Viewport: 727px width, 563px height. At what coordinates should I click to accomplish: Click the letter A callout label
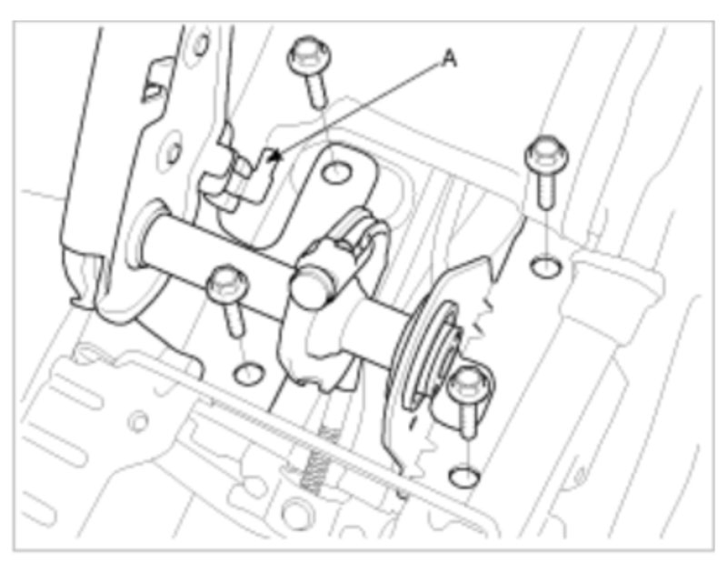[449, 58]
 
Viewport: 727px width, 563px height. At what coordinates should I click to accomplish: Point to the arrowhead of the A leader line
[275, 156]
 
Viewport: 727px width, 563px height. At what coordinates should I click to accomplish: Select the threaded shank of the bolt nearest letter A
[318, 91]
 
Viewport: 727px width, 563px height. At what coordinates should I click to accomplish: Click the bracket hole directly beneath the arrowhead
[336, 174]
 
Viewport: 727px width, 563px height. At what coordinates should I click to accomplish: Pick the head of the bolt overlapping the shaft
[226, 284]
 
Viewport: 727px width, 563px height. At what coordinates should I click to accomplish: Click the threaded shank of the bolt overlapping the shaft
[234, 319]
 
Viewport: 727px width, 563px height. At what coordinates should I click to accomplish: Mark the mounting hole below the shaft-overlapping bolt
[248, 374]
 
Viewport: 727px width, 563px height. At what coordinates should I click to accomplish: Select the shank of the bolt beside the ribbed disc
[469, 419]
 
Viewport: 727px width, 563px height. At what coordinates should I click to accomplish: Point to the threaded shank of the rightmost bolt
[547, 189]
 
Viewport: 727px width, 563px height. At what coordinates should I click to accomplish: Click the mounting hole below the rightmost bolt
[546, 267]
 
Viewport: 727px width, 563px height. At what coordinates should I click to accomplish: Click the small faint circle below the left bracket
[138, 421]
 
